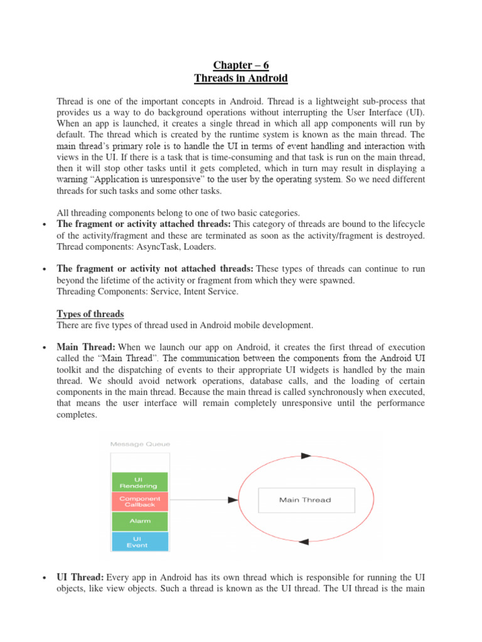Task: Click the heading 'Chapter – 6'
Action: tap(241, 65)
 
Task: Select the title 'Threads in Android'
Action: tap(241, 78)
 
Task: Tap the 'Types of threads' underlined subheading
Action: tap(90, 313)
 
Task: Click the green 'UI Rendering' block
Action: tap(139, 482)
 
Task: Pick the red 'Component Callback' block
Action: tap(139, 502)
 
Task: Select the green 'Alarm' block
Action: tap(139, 521)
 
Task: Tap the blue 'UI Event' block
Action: tap(139, 541)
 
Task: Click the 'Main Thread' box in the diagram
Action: tap(305, 500)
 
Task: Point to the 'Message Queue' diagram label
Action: tap(139, 444)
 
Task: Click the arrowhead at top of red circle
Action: tap(306, 456)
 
